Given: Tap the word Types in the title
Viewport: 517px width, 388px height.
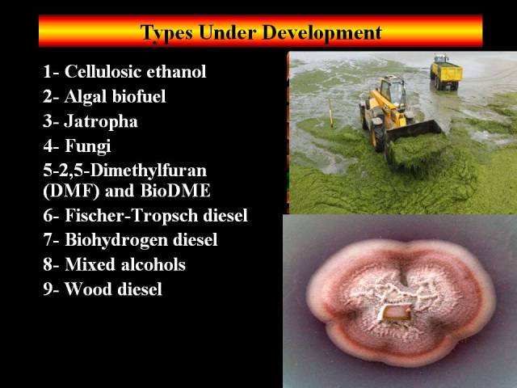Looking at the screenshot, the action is pyautogui.click(x=166, y=33).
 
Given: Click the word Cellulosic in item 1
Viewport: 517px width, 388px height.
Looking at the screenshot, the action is pyautogui.click(x=103, y=71).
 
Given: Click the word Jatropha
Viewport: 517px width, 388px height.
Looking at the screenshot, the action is pyautogui.click(x=101, y=121).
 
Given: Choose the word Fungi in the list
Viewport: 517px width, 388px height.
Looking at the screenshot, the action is pyautogui.click(x=88, y=146).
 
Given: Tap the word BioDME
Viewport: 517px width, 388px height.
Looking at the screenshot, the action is pyautogui.click(x=175, y=191).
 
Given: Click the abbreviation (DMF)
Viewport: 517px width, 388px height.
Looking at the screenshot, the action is pyautogui.click(x=71, y=191).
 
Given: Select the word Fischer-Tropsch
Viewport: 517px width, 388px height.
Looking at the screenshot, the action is pyautogui.click(x=132, y=215).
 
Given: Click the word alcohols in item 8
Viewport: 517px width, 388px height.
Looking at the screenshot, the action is pyautogui.click(x=153, y=264).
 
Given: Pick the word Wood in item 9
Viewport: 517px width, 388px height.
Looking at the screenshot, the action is pyautogui.click(x=88, y=289).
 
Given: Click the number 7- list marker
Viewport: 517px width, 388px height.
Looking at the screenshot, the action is pyautogui.click(x=51, y=240).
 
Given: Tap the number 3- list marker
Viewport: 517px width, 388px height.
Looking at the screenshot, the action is pyautogui.click(x=51, y=121).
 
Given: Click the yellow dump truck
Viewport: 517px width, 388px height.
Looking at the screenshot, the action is pyautogui.click(x=446, y=73).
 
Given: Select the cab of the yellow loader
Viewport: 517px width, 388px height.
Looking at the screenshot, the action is pyautogui.click(x=393, y=90).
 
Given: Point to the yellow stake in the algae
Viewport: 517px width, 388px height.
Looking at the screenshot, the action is pyautogui.click(x=330, y=113).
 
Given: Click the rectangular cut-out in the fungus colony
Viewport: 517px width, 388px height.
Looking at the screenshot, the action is pyautogui.click(x=397, y=313).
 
